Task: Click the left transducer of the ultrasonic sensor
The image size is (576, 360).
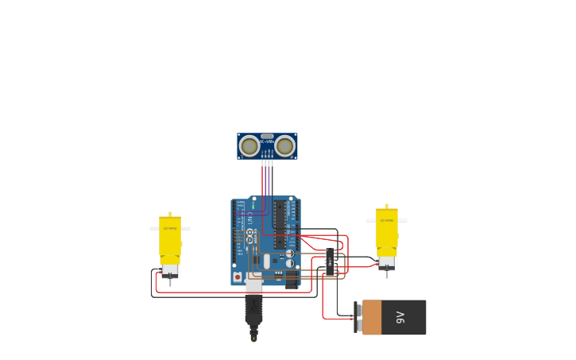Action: click(x=249, y=146)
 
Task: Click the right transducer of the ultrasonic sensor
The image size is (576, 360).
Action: click(x=284, y=146)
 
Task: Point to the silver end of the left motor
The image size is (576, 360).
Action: click(x=170, y=270)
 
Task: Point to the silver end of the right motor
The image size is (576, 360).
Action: click(x=387, y=261)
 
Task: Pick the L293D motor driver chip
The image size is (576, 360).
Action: click(x=330, y=261)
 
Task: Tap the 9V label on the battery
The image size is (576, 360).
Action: click(x=400, y=318)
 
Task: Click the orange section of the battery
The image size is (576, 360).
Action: click(x=372, y=317)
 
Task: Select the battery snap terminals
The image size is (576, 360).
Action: click(x=358, y=317)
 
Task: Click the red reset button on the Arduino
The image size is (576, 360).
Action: click(x=238, y=277)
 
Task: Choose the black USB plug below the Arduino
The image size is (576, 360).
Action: click(x=253, y=308)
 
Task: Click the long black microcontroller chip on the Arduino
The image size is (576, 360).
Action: click(x=280, y=223)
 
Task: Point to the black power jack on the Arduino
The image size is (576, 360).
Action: click(x=292, y=279)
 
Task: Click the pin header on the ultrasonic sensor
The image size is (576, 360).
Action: click(x=267, y=161)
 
